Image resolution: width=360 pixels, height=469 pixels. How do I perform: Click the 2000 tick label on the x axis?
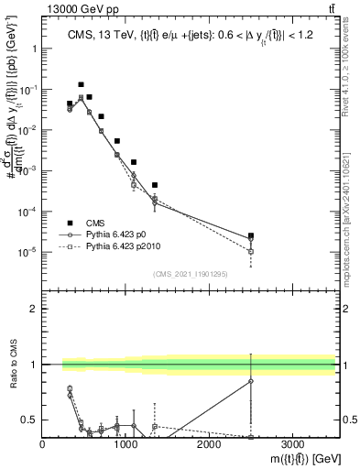point(209,444)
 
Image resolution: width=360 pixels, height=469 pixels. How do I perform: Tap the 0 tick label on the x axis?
point(43,444)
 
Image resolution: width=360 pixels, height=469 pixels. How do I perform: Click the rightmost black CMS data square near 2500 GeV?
point(251,235)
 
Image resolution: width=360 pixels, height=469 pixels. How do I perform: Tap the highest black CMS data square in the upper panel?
point(81,84)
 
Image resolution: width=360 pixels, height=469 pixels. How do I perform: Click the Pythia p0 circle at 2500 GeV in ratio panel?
point(251,381)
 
